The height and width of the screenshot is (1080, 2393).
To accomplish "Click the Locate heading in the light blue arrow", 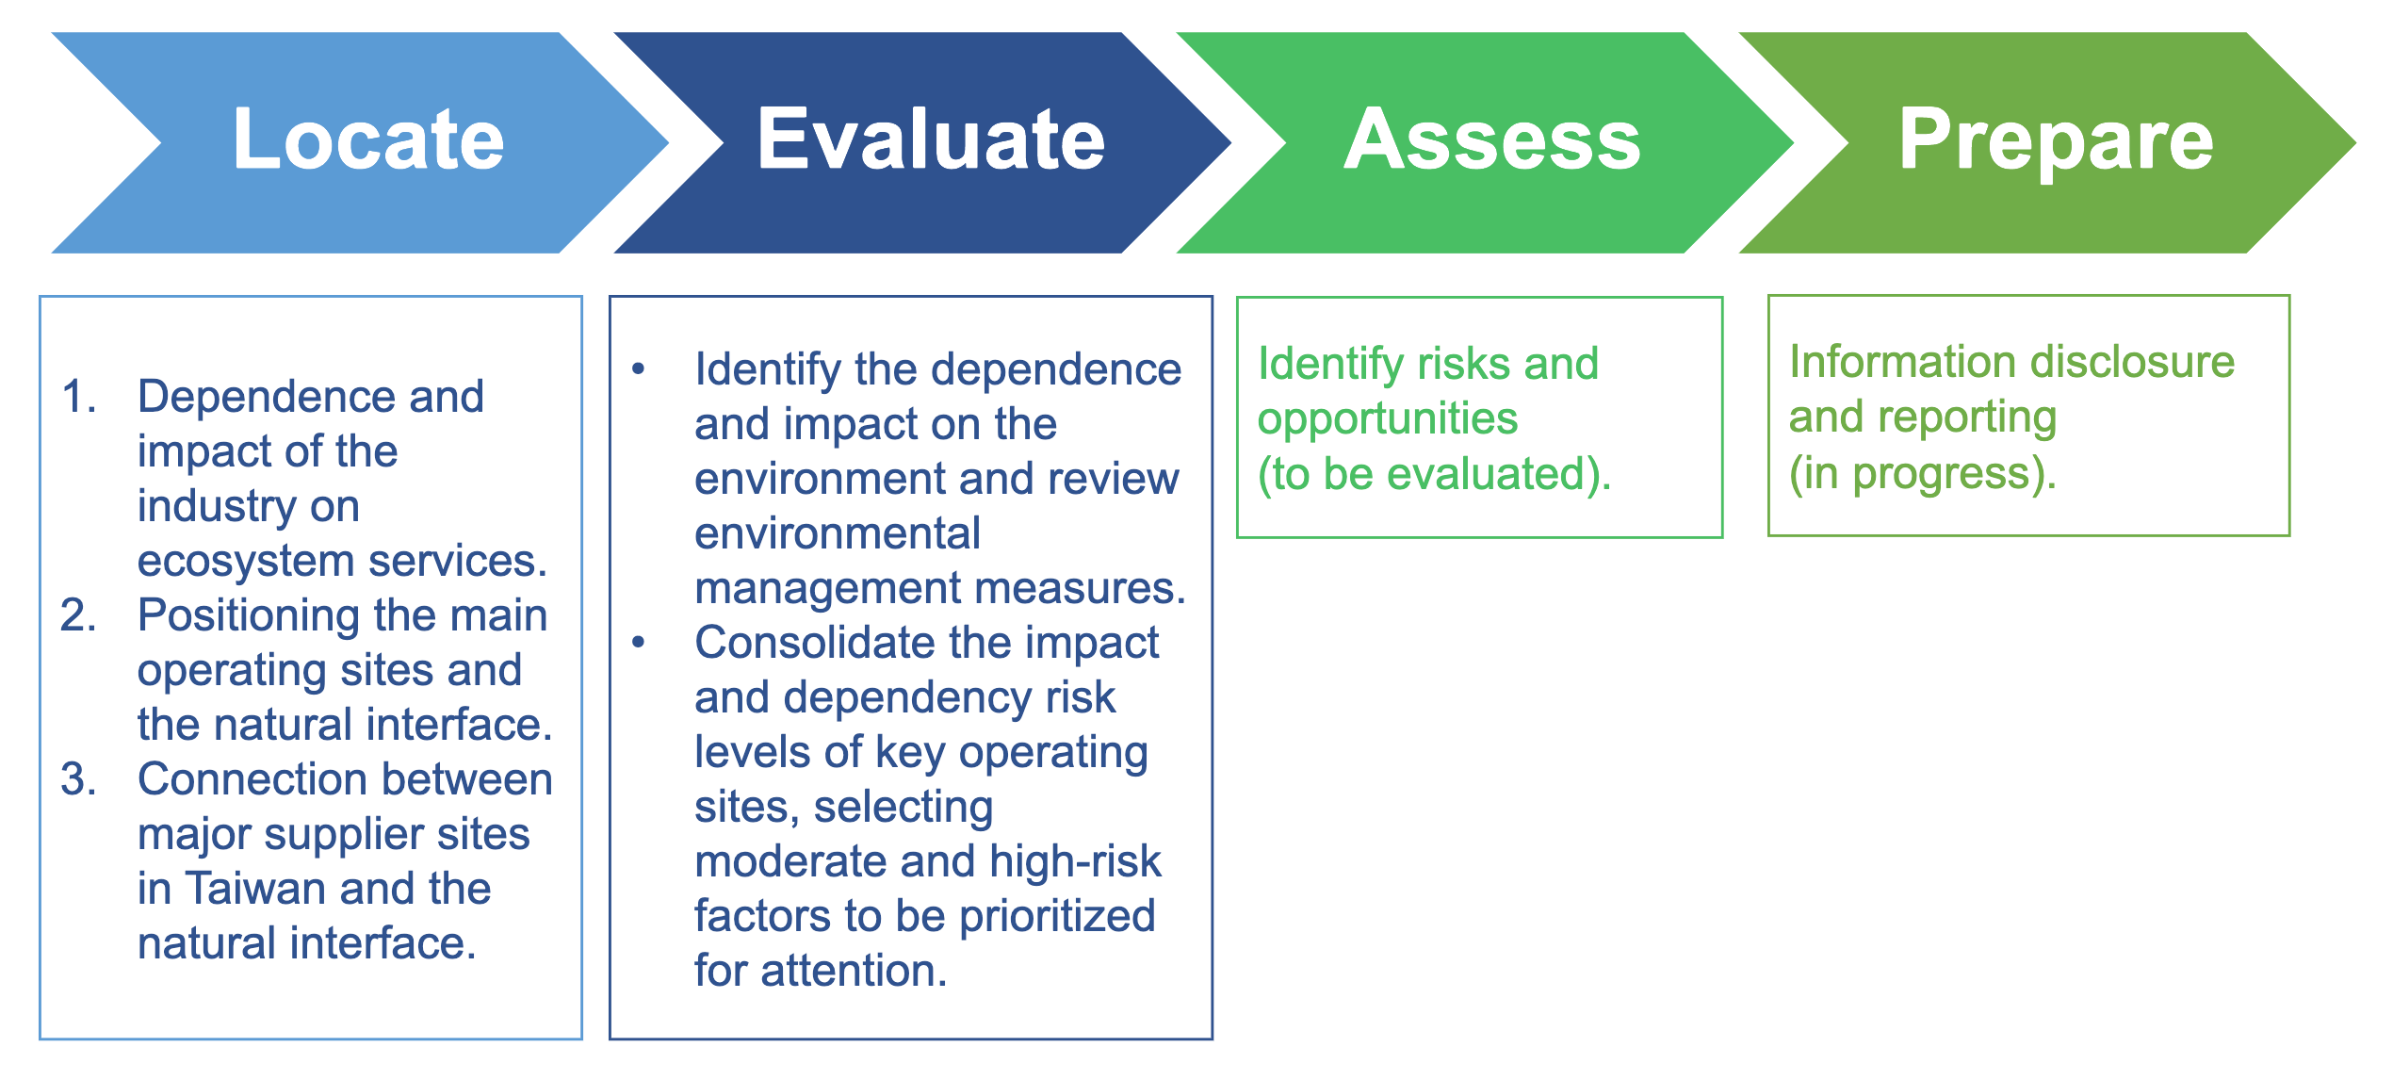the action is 368,139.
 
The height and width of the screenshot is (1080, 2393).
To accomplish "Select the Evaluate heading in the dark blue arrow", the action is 931,139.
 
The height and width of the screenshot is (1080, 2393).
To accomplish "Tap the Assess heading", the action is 1492,139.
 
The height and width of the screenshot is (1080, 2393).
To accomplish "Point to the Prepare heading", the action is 2056,141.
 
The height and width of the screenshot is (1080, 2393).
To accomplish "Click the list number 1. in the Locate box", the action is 80,396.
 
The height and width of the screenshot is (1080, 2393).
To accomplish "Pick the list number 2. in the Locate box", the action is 79,615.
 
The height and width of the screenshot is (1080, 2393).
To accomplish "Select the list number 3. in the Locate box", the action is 79,779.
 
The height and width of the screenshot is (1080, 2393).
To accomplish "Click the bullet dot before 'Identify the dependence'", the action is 639,368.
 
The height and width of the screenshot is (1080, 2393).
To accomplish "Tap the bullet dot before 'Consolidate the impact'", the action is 639,643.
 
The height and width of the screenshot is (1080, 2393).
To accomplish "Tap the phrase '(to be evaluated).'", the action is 1435,474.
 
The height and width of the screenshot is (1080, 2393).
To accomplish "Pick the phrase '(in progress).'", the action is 1923,474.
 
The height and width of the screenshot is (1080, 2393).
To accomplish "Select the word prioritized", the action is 1057,917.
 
